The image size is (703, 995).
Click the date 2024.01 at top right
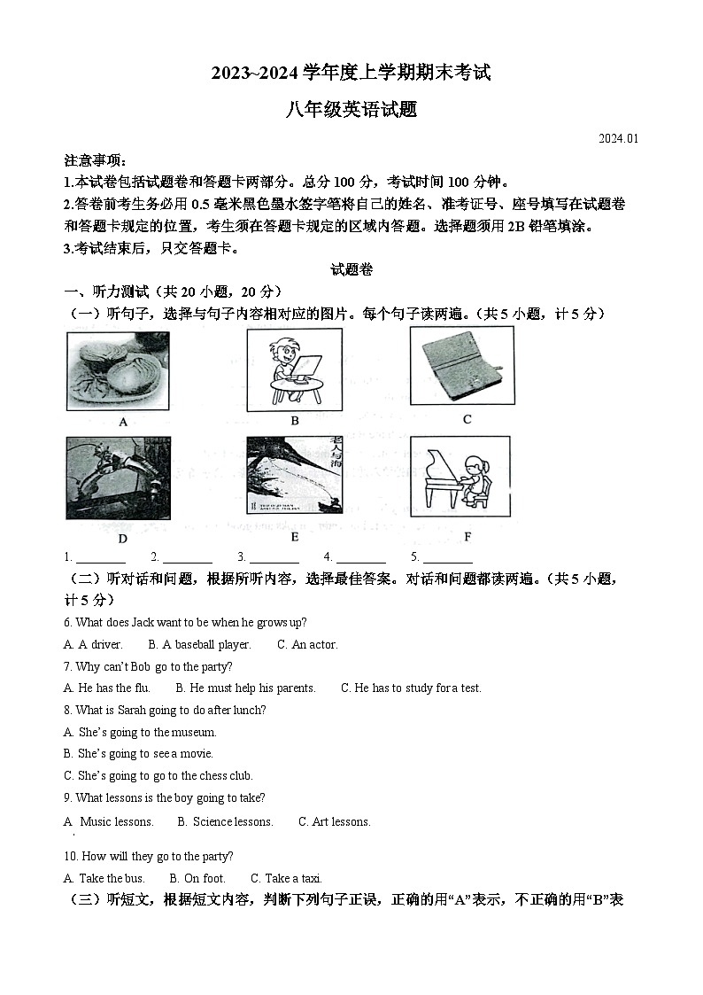tap(618, 138)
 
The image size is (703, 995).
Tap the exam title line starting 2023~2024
tap(351, 73)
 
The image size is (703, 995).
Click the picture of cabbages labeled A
tap(118, 371)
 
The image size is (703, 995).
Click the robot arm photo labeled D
tap(118, 478)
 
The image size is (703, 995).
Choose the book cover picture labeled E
tap(294, 476)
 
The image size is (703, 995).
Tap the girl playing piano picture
tap(460, 477)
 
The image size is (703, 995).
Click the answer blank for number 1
tap(100, 557)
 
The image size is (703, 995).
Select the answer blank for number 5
tap(447, 557)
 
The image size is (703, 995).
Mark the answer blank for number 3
tap(274, 557)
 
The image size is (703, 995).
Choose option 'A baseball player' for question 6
tap(200, 644)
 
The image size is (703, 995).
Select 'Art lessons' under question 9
tap(334, 821)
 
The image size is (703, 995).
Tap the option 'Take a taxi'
tap(286, 878)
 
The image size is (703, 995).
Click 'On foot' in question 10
tap(197, 878)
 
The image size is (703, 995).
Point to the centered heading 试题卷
tap(351, 269)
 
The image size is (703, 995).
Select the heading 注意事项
tap(96, 160)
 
